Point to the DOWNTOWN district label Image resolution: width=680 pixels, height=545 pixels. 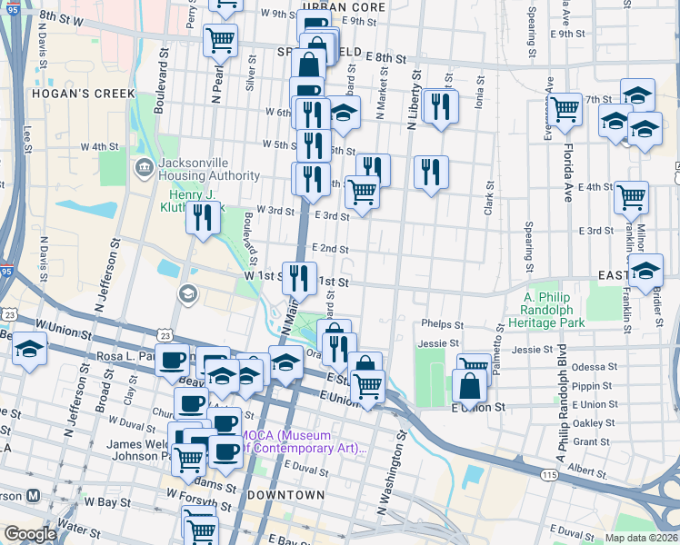285,495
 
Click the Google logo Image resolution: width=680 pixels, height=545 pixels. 30,534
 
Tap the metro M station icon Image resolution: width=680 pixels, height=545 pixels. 34,496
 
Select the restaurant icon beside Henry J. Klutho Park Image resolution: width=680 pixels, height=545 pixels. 203,217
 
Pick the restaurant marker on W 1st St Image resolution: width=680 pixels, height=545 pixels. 299,276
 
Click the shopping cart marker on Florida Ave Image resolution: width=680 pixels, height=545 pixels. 565,110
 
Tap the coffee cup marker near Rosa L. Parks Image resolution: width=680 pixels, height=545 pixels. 171,359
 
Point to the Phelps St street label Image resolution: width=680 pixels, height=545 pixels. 443,324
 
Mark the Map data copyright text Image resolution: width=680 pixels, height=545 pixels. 641,538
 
